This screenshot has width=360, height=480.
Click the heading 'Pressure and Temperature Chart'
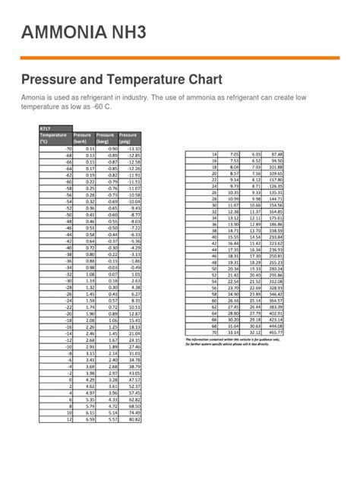coord(122,80)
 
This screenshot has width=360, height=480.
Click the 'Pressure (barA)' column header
coord(82,137)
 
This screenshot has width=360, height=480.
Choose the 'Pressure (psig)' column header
coord(128,137)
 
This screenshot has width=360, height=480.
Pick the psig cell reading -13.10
coord(134,149)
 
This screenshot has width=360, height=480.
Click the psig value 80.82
coord(134,418)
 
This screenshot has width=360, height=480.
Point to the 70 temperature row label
coord(215,332)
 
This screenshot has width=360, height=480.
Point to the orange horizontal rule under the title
coord(180,58)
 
